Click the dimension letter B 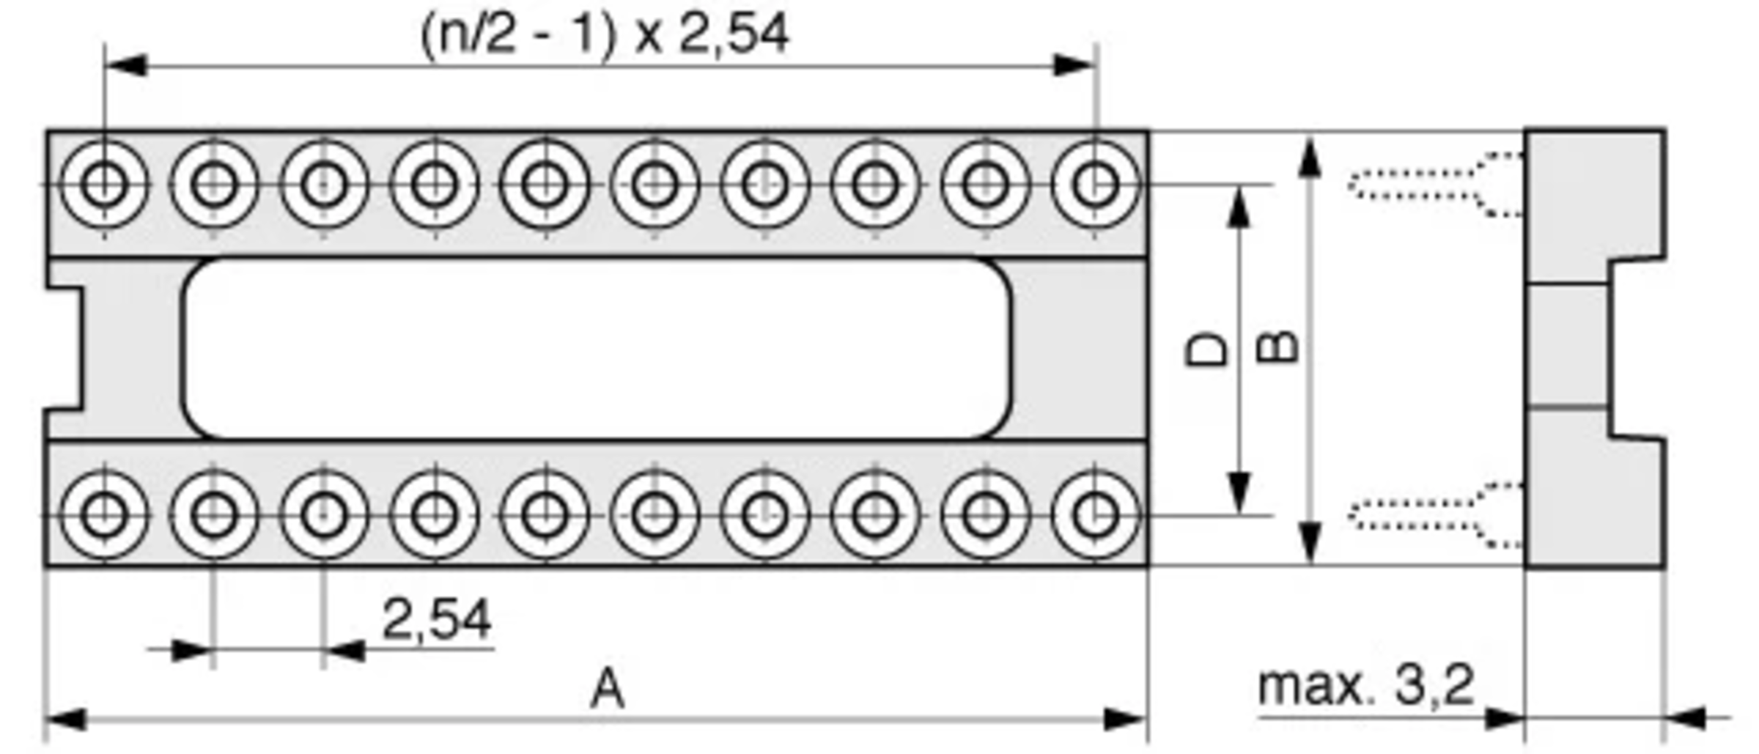pos(1277,347)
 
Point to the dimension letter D pos(1206,350)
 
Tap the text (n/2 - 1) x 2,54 pos(605,34)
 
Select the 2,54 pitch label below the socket pos(437,620)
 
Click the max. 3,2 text pos(1365,686)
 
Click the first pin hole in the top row pos(104,184)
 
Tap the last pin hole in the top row pos(1096,184)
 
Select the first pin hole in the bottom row pos(104,515)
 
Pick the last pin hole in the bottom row pos(1096,515)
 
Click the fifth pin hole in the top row pos(545,184)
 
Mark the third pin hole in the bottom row pos(324,515)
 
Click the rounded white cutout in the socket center pos(597,349)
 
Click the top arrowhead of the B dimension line pos(1310,158)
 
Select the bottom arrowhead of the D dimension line pos(1239,492)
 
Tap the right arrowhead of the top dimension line pos(1074,65)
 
